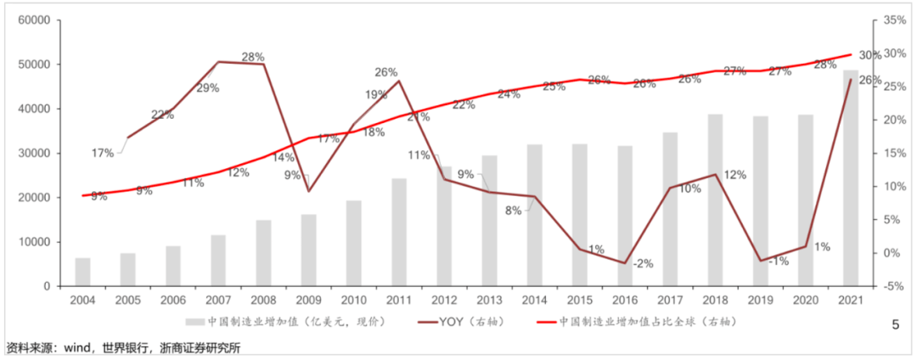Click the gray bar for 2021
point(851,178)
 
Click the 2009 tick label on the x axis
point(308,301)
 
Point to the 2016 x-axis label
point(625,301)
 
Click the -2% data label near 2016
point(643,263)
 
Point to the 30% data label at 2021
point(869,54)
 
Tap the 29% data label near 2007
point(208,87)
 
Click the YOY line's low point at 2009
point(308,191)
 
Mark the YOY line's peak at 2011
point(399,81)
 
